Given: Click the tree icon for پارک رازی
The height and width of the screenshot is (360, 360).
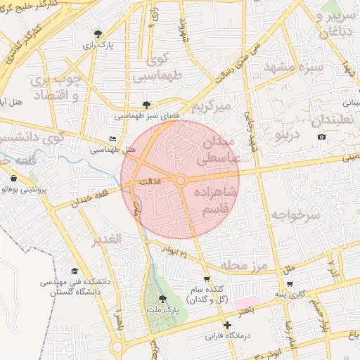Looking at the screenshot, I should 98,33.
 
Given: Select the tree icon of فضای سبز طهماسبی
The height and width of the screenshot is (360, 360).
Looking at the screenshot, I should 146,104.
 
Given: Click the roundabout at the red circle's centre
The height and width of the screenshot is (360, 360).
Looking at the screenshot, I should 181,181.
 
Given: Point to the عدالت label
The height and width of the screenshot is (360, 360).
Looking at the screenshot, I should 153,181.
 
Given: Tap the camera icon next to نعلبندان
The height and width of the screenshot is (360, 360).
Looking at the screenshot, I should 321,136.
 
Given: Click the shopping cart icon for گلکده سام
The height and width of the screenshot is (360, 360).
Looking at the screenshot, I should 206,278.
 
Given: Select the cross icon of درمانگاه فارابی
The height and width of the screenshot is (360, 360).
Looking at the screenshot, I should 226,325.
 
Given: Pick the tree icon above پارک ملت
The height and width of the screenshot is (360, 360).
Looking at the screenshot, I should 163,299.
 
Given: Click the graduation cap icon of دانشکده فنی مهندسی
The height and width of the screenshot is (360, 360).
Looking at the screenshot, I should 75,271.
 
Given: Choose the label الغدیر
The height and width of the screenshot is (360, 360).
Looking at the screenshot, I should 107,239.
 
